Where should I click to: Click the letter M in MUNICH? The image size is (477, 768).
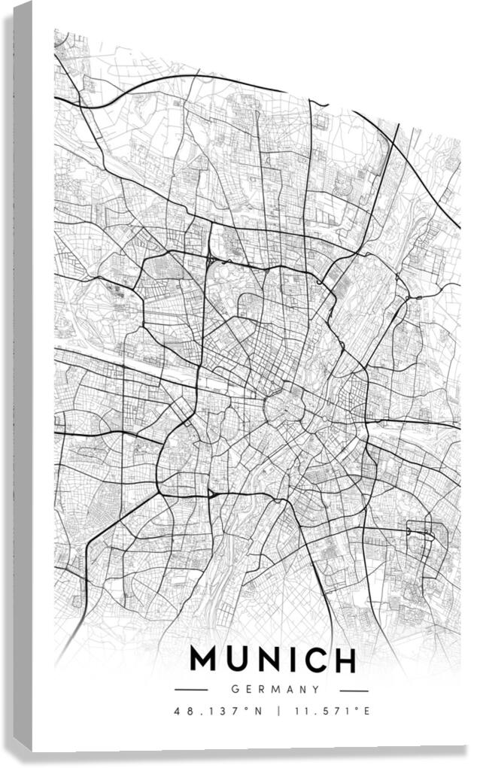pyautogui.click(x=205, y=660)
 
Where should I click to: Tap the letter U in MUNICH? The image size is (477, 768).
pyautogui.click(x=241, y=660)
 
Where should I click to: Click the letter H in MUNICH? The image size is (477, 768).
pyautogui.click(x=345, y=660)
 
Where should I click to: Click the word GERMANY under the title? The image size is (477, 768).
pyautogui.click(x=276, y=689)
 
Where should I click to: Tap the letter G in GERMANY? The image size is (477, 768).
pyautogui.click(x=235, y=689)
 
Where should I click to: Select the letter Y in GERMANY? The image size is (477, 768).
pyautogui.click(x=316, y=689)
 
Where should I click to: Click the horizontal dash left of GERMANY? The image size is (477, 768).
pyautogui.click(x=190, y=690)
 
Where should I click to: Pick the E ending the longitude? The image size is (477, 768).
pyautogui.click(x=368, y=711)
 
